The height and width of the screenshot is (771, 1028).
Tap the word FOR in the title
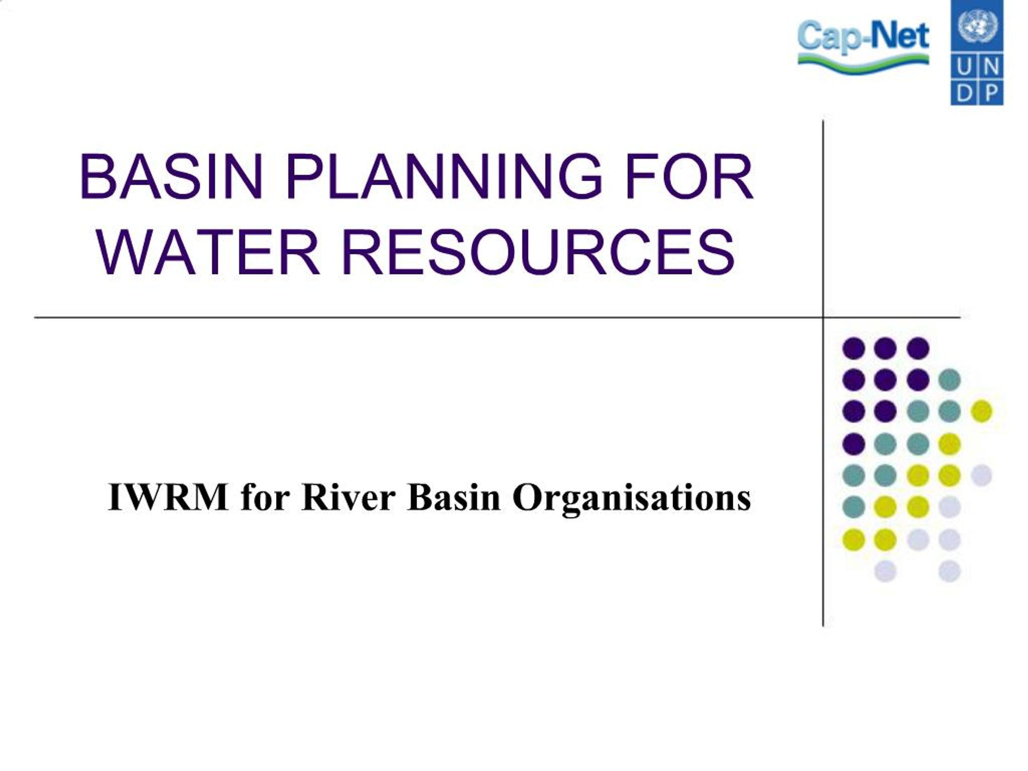point(689,177)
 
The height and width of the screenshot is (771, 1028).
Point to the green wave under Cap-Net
point(863,64)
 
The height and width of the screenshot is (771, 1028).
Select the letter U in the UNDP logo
point(964,68)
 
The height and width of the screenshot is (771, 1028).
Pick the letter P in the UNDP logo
point(991,94)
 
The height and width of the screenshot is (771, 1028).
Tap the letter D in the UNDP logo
point(964,94)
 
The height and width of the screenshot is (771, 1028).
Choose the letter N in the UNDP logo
point(991,68)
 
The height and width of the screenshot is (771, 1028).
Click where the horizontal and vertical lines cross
point(823,318)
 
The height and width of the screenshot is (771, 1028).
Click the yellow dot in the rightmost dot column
point(981,411)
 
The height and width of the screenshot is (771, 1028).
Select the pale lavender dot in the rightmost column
point(981,475)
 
